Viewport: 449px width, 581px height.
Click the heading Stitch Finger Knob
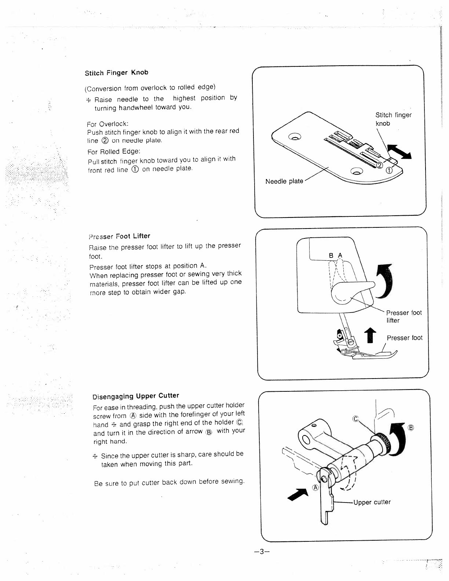[x=116, y=73]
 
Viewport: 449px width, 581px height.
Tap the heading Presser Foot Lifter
[x=120, y=236]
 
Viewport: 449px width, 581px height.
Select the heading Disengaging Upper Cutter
[x=136, y=396]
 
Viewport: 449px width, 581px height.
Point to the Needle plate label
[x=284, y=181]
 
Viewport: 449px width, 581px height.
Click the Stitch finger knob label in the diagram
[x=393, y=119]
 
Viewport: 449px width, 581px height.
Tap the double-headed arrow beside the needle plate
[x=399, y=151]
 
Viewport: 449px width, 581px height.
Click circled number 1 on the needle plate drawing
[x=390, y=170]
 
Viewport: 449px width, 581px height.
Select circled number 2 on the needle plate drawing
[x=379, y=165]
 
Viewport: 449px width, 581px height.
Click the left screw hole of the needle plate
[x=295, y=137]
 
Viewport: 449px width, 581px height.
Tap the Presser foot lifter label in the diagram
[x=404, y=317]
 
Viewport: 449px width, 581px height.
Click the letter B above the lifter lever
[x=331, y=255]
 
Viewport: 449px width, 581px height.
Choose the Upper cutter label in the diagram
[x=372, y=502]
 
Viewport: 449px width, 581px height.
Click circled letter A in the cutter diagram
[x=315, y=487]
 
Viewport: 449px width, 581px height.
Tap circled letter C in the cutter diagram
[x=355, y=419]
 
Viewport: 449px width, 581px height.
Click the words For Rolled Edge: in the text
[x=114, y=151]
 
